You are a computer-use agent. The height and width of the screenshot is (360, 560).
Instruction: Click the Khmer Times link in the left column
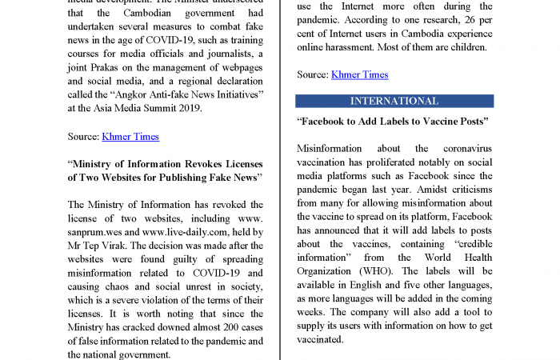(x=130, y=137)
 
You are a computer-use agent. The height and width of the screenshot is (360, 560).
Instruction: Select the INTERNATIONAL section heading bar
(x=394, y=102)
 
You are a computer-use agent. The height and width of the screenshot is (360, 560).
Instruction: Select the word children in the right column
(x=466, y=47)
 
